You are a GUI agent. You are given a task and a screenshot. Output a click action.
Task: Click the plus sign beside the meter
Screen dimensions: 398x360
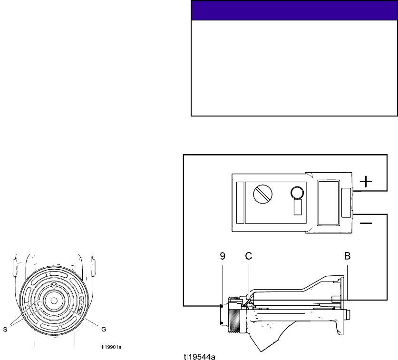click(366, 182)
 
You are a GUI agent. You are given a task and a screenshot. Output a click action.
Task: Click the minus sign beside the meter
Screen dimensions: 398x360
click(366, 223)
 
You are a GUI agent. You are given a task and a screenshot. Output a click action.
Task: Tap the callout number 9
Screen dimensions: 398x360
click(223, 256)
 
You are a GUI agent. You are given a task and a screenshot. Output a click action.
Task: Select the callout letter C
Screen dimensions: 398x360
click(249, 256)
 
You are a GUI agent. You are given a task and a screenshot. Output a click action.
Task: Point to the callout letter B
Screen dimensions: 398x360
click(347, 256)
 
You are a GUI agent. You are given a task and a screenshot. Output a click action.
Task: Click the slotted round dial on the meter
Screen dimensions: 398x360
click(262, 194)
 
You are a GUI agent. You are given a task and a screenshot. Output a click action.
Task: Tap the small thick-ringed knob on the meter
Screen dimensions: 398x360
click(297, 193)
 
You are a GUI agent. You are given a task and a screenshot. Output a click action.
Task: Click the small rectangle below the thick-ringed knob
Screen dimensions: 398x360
click(298, 207)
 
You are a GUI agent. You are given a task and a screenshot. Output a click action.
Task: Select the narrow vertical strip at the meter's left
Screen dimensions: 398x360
click(240, 203)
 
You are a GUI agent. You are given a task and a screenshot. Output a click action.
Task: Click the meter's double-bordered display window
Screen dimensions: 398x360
click(329, 203)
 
